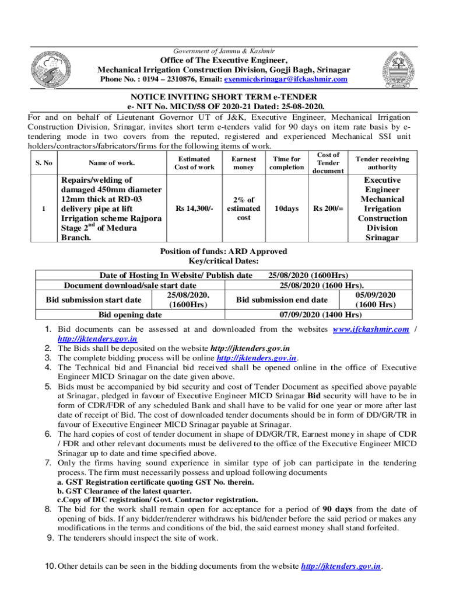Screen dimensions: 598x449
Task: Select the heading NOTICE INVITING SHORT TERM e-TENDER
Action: point(224,96)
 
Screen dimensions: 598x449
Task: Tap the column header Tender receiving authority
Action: point(382,163)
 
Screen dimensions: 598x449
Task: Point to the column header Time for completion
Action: point(286,163)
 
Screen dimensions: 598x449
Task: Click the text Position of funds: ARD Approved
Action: point(223,251)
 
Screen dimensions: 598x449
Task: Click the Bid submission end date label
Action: point(282,300)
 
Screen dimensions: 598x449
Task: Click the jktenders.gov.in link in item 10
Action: point(341,566)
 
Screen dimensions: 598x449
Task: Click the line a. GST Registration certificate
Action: point(155,482)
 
